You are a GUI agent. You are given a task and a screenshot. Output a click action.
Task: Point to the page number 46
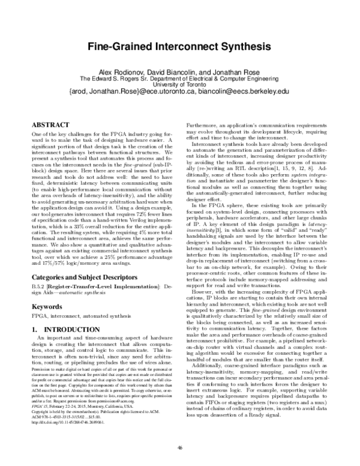pyautogui.click(x=180, y=446)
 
